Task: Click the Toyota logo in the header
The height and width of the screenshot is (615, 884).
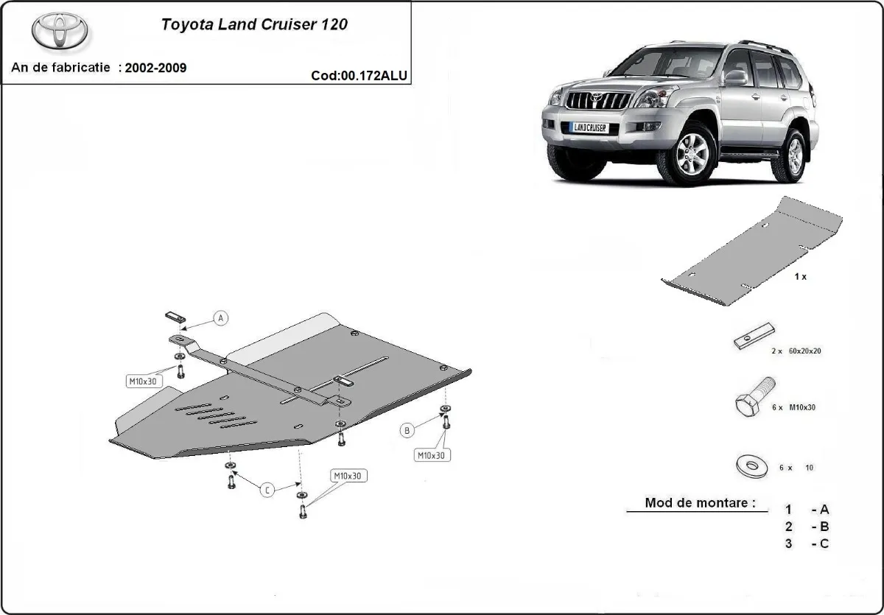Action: [x=60, y=32]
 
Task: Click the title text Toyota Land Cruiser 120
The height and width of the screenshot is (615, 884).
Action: [x=254, y=24]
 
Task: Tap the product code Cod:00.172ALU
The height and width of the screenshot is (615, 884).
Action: [x=359, y=75]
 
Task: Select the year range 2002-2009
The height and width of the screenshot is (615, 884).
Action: [x=155, y=68]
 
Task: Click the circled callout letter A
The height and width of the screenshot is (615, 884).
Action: [x=221, y=318]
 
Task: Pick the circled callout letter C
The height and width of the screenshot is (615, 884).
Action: [x=267, y=490]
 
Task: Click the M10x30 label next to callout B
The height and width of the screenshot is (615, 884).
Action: [x=431, y=455]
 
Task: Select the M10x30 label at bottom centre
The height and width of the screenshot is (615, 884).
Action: [x=348, y=476]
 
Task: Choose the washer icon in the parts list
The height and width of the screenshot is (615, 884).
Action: [x=749, y=466]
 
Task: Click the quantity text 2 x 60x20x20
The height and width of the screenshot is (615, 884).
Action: [x=795, y=351]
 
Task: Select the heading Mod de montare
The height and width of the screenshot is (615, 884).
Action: [x=699, y=503]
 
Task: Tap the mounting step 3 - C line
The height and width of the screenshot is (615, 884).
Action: [x=807, y=544]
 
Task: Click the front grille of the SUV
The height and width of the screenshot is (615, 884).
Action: [x=597, y=101]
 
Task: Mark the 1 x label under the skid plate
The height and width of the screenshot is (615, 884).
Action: [x=800, y=277]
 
